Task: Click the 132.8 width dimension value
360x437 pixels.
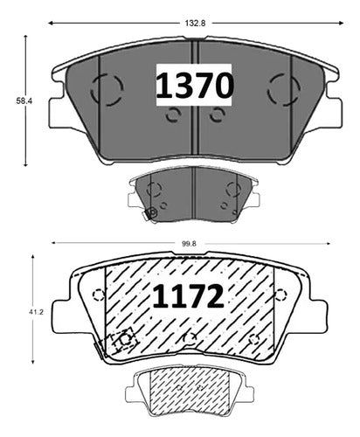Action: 195,23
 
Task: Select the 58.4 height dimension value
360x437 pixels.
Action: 24,101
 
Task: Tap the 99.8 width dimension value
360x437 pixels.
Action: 189,244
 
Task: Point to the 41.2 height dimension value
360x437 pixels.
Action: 36,312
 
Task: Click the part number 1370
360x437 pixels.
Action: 194,85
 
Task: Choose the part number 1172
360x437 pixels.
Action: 188,296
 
